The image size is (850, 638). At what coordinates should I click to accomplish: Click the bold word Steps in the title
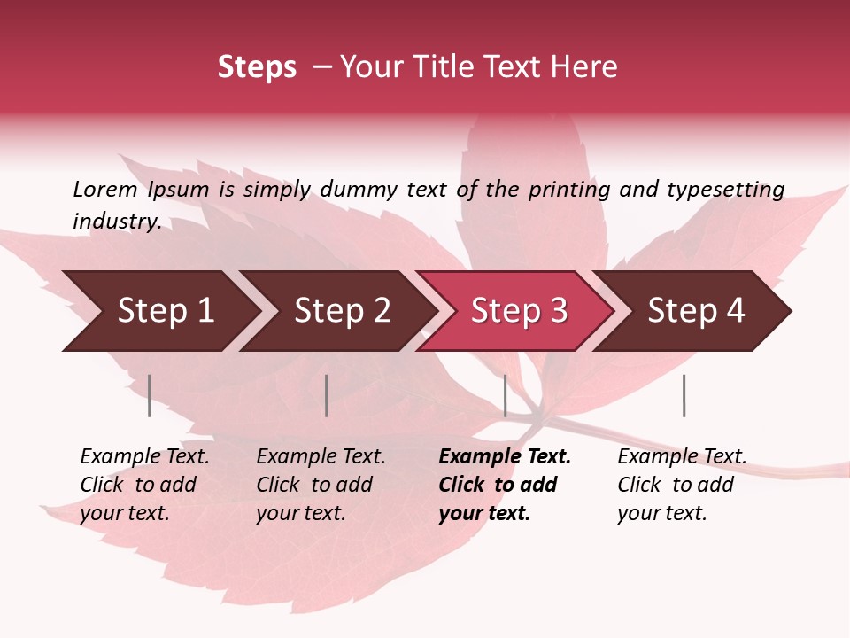click(x=257, y=67)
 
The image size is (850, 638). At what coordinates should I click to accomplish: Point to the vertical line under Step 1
click(x=150, y=395)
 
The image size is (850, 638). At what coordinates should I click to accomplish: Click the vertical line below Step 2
click(x=327, y=395)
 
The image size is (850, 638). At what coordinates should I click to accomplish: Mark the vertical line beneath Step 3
click(x=505, y=395)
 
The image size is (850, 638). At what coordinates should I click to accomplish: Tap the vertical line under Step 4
click(x=684, y=395)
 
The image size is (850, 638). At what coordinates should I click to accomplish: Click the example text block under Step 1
click(x=144, y=485)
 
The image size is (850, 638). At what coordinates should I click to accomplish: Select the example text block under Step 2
click(x=321, y=485)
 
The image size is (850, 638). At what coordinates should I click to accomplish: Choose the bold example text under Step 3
click(x=505, y=485)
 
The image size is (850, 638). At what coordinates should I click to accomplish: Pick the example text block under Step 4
click(x=682, y=485)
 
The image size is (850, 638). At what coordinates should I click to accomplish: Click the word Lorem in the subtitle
click(x=105, y=189)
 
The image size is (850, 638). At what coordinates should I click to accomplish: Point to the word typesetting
click(x=725, y=189)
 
